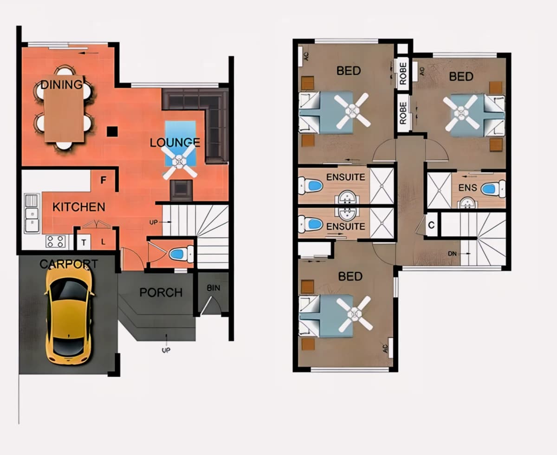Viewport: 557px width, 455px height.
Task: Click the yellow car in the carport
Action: [x=69, y=313]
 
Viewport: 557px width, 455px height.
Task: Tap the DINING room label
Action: [x=62, y=84]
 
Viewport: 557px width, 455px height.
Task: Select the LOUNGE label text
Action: [x=175, y=143]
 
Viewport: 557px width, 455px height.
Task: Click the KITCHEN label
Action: [x=79, y=207]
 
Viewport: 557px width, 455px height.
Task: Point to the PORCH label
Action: [x=161, y=292]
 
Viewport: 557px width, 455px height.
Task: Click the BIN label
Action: [x=214, y=288]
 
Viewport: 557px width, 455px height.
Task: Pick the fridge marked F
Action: [x=103, y=180]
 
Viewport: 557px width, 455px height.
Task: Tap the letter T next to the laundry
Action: [x=84, y=242]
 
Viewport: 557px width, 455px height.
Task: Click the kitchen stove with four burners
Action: [x=56, y=241]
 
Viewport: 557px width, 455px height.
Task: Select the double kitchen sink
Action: [x=32, y=214]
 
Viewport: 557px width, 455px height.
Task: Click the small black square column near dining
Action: [x=112, y=131]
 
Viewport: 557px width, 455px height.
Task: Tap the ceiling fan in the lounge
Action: [x=180, y=161]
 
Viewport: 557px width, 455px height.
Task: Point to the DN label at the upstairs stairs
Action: [x=452, y=253]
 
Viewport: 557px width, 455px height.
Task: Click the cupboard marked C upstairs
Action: [x=432, y=225]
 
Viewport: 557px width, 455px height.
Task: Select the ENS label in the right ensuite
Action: [x=468, y=188]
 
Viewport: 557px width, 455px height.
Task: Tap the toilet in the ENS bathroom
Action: [x=493, y=189]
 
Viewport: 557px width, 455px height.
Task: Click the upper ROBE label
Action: [x=403, y=74]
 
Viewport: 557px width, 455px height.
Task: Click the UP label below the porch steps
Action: [x=166, y=351]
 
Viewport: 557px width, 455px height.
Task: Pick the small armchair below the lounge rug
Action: [x=181, y=190]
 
